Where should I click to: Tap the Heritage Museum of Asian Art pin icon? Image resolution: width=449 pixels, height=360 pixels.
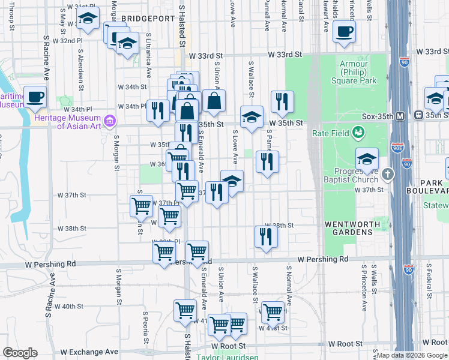pos(109,122)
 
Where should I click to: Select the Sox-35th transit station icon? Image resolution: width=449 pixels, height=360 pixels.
pos(418,115)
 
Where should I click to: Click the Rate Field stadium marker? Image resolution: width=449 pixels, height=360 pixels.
pos(359,131)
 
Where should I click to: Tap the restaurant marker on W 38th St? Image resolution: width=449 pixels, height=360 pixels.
pos(266,236)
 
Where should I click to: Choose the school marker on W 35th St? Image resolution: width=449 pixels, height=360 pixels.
pos(252,116)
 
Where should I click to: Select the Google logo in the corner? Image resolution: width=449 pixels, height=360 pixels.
pos(20,353)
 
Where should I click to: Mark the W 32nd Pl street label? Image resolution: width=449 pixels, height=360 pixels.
pos(67,41)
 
